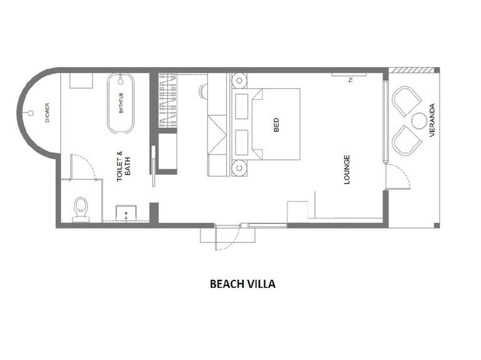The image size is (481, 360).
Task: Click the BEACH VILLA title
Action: (x=242, y=284)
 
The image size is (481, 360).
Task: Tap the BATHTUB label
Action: (x=121, y=103)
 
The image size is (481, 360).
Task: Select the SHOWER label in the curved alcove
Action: (x=47, y=113)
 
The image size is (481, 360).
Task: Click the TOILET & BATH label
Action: (x=123, y=165)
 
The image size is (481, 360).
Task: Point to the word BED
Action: (x=276, y=125)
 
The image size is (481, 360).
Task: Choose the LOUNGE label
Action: (x=347, y=170)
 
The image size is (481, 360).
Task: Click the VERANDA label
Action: (x=432, y=120)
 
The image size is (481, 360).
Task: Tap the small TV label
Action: (x=351, y=80)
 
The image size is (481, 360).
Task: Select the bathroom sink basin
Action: (x=126, y=213)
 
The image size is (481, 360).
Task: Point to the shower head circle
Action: (x=31, y=113)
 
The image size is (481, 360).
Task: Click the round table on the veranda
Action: (x=419, y=121)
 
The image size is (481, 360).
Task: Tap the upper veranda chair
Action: (x=407, y=101)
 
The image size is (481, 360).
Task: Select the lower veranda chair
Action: (x=407, y=140)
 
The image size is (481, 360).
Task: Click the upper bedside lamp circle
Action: (x=240, y=81)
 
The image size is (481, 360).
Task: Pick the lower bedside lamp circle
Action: (x=240, y=168)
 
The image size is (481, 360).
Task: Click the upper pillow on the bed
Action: (x=242, y=106)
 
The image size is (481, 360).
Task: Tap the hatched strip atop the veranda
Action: (x=411, y=70)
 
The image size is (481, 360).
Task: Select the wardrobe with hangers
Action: (x=168, y=100)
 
